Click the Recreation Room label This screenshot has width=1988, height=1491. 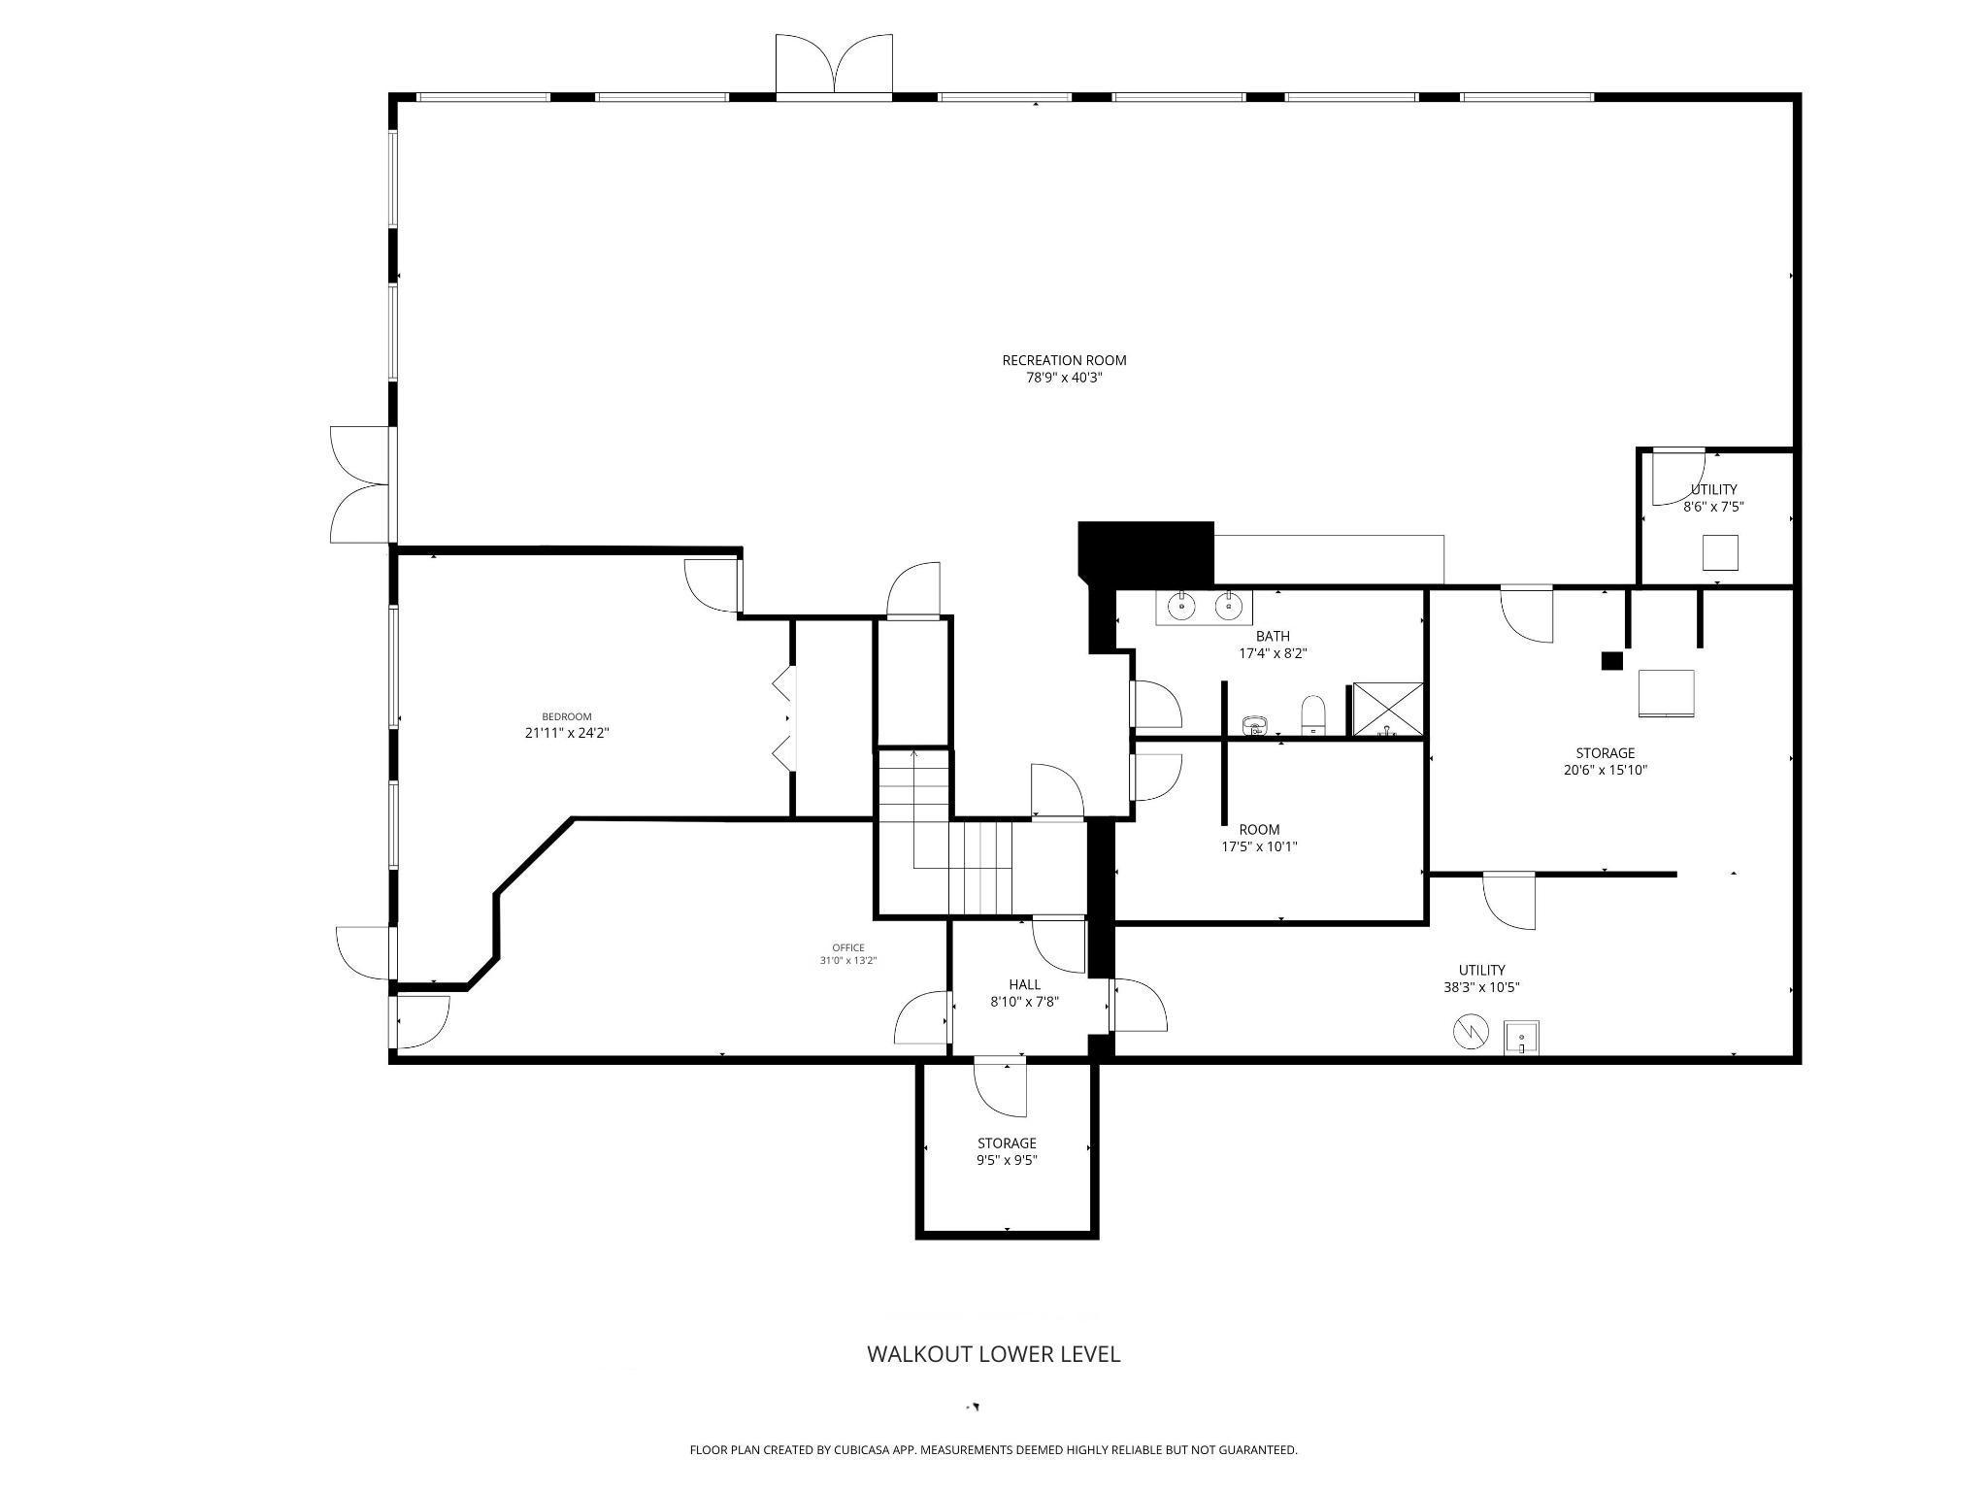tap(1064, 360)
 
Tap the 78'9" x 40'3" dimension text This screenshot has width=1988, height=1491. tap(1064, 378)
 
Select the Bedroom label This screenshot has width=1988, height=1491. tap(567, 717)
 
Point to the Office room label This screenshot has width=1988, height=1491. tap(848, 948)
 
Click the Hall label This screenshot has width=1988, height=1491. tap(1024, 984)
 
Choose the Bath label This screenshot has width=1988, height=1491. tap(1273, 637)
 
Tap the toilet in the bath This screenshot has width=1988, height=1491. tap(1313, 716)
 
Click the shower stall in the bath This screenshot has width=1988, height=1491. tap(1388, 710)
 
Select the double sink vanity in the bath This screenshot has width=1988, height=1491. tap(1204, 607)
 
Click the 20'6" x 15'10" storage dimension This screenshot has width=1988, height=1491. tap(1605, 771)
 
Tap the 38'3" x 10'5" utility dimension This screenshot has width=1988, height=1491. tap(1481, 988)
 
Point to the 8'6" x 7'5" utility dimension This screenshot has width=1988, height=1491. tap(1714, 507)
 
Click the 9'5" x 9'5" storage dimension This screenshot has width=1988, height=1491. tap(1007, 1160)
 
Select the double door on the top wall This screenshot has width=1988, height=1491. tap(834, 66)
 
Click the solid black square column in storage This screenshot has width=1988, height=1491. tap(1611, 661)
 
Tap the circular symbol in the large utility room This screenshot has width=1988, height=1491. tap(1470, 1031)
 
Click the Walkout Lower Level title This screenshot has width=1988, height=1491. tap(993, 1354)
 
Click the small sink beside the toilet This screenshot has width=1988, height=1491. tap(1255, 724)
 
